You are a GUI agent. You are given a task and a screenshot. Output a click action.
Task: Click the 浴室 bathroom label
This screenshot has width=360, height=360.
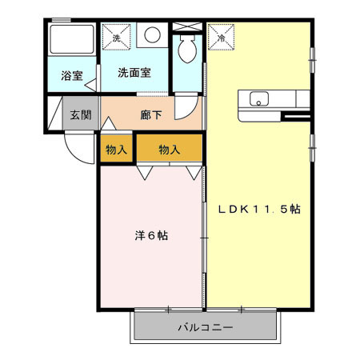click(72, 76)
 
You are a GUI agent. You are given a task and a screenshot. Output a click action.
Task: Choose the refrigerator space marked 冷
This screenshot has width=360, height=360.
click(220, 35)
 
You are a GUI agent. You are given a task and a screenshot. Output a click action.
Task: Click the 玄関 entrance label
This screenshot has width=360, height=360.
click(79, 115)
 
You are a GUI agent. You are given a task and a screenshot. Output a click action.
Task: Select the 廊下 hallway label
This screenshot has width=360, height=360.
click(151, 115)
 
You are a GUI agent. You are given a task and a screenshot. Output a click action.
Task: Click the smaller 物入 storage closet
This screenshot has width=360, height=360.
click(116, 149)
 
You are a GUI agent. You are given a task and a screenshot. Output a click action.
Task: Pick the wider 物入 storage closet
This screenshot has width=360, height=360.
click(169, 149)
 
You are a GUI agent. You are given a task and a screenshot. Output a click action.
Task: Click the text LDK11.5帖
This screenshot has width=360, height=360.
click(260, 210)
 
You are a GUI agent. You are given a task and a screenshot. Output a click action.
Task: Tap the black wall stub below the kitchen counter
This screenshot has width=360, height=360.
click(297, 118)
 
